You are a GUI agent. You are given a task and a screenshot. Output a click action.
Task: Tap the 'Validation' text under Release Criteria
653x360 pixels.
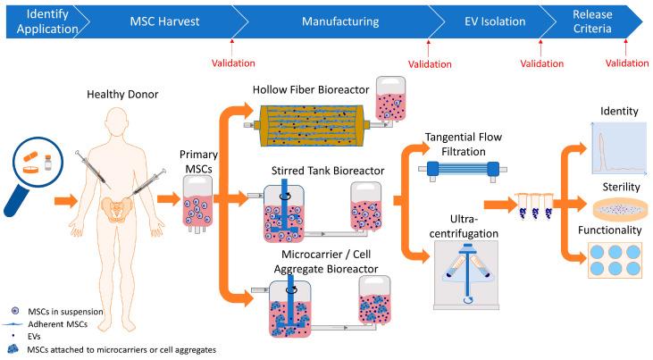[626, 63]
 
